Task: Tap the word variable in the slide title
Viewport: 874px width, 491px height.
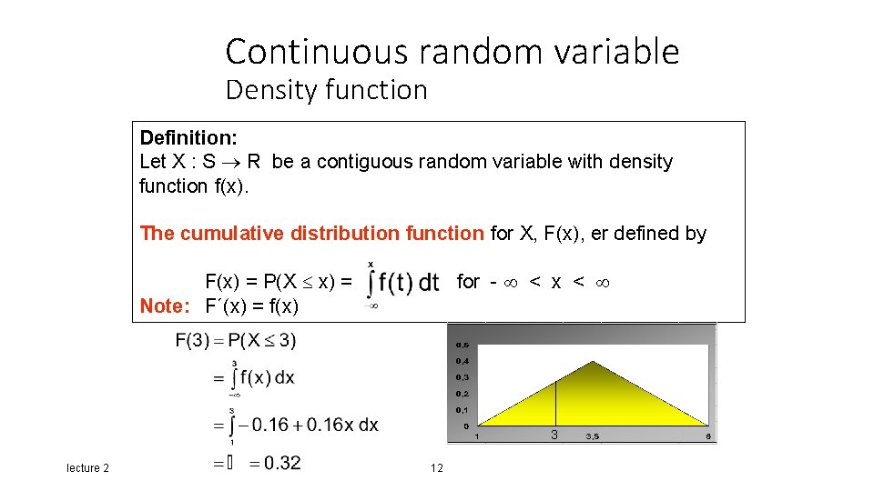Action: [x=619, y=52]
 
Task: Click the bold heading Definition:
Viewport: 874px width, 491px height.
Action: [x=188, y=138]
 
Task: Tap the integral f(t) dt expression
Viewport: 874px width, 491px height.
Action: [x=403, y=283]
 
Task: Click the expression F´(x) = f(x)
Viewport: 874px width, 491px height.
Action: [x=251, y=306]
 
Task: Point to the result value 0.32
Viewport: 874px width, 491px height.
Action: [x=276, y=463]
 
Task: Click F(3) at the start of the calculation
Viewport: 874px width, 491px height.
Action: [x=193, y=342]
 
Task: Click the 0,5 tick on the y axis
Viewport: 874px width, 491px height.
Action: [x=462, y=346]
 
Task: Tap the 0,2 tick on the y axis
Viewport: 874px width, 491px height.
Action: [x=462, y=394]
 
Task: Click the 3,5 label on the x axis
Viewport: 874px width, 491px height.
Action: [x=592, y=437]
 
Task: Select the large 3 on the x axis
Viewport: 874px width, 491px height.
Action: [x=554, y=436]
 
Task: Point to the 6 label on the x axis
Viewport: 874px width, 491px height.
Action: [x=707, y=437]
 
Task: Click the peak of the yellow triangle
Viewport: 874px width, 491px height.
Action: [x=593, y=363]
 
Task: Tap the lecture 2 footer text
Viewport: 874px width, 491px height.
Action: [x=87, y=467]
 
